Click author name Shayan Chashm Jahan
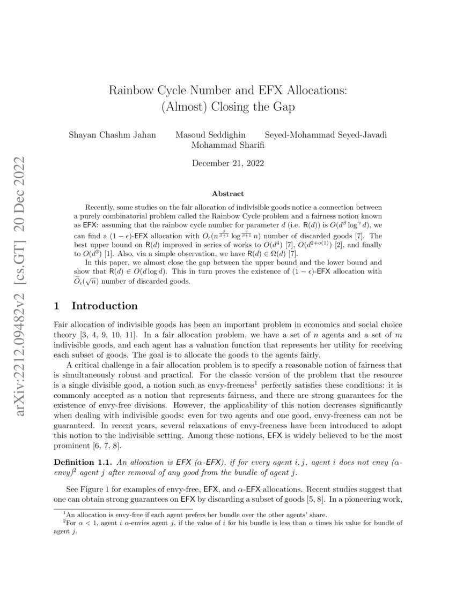pos(112,134)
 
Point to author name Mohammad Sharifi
pos(228,144)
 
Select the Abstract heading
pos(227,193)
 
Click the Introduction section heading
pos(105,306)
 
